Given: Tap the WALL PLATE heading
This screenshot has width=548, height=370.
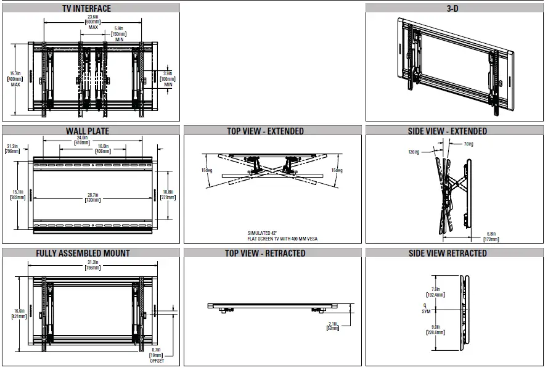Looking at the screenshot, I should [x=88, y=131].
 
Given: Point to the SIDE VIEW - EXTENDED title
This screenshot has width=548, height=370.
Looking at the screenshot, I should [x=456, y=131].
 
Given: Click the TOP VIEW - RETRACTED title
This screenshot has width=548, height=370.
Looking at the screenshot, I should [x=265, y=253].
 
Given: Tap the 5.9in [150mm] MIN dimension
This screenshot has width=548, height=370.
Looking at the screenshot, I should [x=119, y=34].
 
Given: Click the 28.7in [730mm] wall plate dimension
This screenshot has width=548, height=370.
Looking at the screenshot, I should [x=93, y=198].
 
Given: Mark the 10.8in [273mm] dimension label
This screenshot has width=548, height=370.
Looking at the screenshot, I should [x=167, y=195].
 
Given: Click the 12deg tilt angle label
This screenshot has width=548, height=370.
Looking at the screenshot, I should [x=414, y=151].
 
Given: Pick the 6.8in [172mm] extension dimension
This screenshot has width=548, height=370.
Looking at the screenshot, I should [x=490, y=236].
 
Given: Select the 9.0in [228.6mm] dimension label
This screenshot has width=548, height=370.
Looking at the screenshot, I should [x=436, y=330].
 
